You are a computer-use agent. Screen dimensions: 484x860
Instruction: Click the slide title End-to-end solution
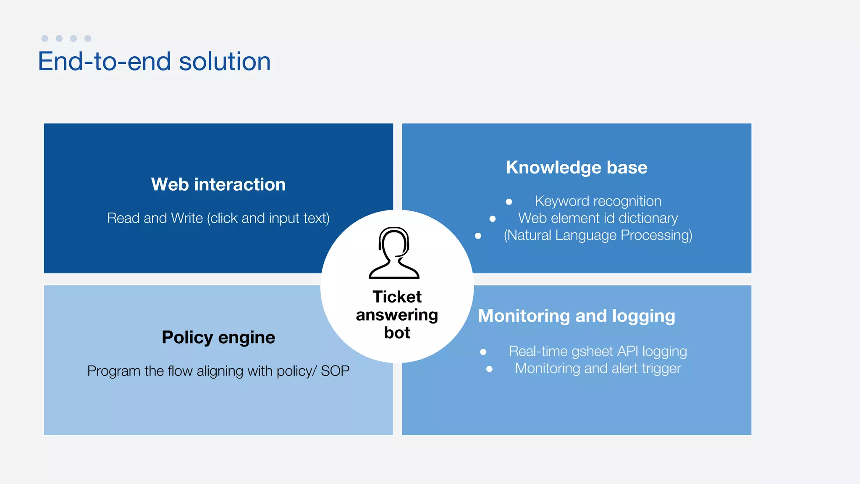[154, 62]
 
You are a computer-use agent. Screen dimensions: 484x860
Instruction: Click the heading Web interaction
[218, 184]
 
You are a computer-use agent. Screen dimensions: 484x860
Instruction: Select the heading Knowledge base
[577, 167]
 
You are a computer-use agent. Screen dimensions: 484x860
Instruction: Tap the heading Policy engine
[218, 337]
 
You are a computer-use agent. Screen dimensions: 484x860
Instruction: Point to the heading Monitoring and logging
[577, 316]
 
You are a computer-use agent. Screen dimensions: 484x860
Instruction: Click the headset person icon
[394, 253]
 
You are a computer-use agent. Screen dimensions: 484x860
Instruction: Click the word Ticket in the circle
[397, 297]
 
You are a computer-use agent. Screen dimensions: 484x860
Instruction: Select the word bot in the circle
[397, 333]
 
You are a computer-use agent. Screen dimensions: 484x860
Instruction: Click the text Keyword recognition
[598, 201]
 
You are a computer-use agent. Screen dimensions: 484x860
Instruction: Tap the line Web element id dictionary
[598, 218]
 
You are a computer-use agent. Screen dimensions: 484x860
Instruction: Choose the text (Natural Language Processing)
[598, 235]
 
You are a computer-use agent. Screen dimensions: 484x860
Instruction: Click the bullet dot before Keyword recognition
[509, 202]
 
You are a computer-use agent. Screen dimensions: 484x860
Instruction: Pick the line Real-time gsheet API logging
[598, 351]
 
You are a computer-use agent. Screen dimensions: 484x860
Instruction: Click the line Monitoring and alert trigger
[598, 368]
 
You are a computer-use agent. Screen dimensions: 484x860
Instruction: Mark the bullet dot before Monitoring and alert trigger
[489, 369]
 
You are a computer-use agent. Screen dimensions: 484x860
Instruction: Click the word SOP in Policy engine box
[335, 371]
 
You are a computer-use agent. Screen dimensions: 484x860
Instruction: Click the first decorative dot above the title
[45, 39]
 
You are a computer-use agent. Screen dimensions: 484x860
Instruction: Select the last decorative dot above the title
[88, 39]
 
